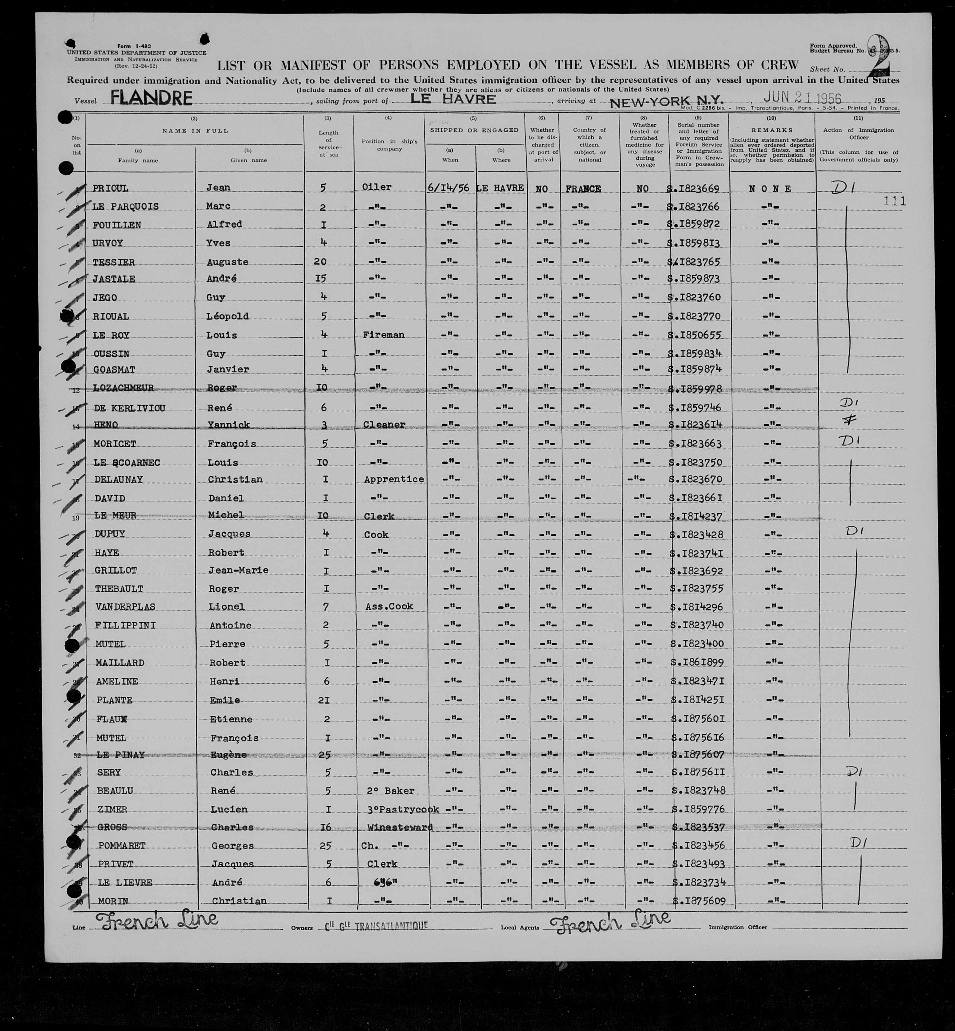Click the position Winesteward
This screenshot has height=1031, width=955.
[399, 827]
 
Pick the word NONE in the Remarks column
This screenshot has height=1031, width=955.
[770, 189]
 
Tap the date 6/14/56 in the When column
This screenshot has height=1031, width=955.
[448, 188]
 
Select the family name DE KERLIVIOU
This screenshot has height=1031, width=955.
[129, 408]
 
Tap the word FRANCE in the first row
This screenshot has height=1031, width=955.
[583, 189]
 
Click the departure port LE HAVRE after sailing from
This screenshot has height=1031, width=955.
[453, 99]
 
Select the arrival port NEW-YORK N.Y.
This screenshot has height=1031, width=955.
[666, 101]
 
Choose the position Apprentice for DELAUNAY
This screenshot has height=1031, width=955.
[394, 479]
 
